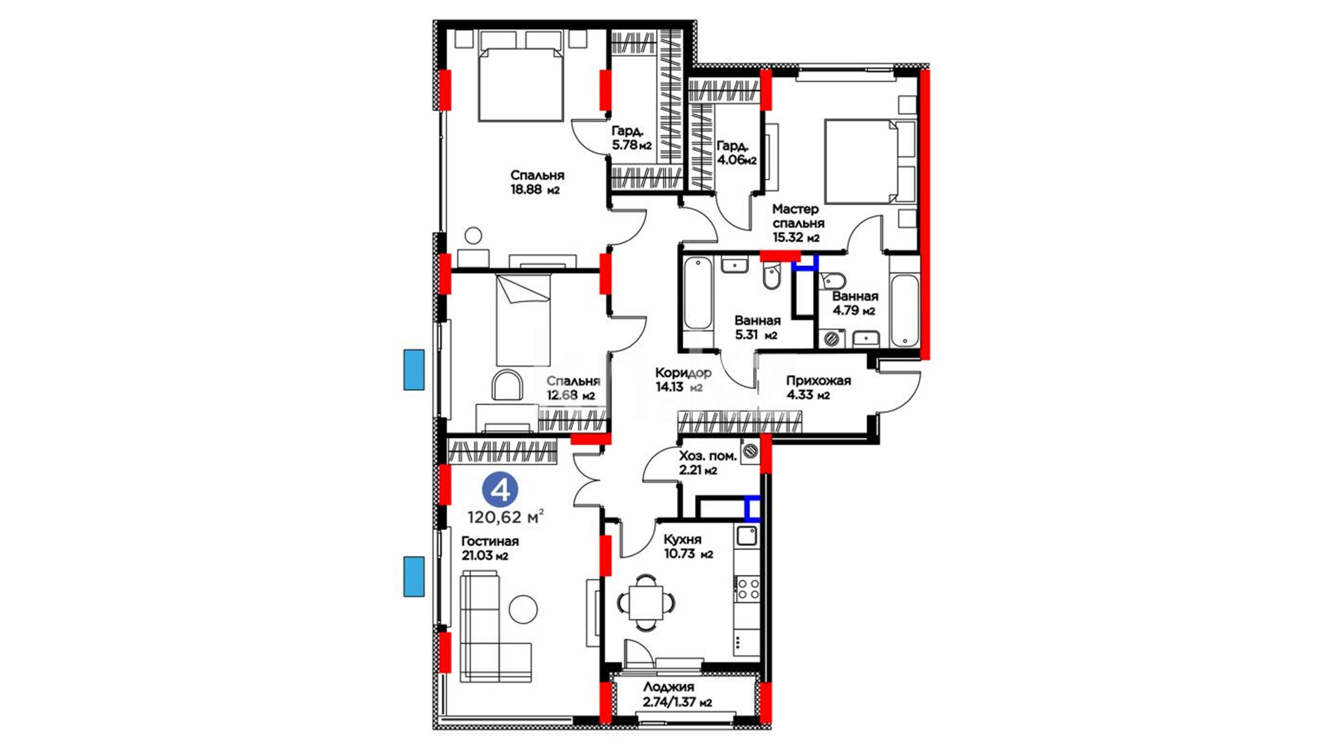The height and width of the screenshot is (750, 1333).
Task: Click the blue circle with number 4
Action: [x=500, y=490]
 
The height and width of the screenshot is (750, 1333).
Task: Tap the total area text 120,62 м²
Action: [x=505, y=517]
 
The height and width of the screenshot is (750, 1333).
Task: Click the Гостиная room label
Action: [x=490, y=541]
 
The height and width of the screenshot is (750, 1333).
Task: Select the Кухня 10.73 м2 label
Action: [x=688, y=547]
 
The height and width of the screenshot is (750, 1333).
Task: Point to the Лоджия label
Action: [x=668, y=687]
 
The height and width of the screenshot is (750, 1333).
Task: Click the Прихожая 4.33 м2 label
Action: [x=818, y=387]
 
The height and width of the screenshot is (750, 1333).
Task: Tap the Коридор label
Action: [x=683, y=373]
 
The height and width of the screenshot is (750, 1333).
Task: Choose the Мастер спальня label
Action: [x=798, y=216]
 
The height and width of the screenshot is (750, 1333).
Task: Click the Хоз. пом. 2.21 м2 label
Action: [x=707, y=463]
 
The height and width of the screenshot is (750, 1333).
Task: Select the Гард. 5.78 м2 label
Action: [x=631, y=138]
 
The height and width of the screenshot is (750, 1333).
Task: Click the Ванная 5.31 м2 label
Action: [x=757, y=328]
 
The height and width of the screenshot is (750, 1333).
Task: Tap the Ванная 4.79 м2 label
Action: [x=855, y=303]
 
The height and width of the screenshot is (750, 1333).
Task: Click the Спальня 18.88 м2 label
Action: [x=537, y=182]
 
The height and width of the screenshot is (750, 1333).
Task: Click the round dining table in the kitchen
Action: [x=646, y=602]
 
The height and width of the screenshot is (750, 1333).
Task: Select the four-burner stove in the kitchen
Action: [x=748, y=589]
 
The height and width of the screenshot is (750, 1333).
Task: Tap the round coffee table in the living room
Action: [x=523, y=609]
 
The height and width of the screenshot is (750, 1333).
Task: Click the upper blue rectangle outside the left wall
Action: [x=414, y=369]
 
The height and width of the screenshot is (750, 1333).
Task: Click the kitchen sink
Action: [x=747, y=535]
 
